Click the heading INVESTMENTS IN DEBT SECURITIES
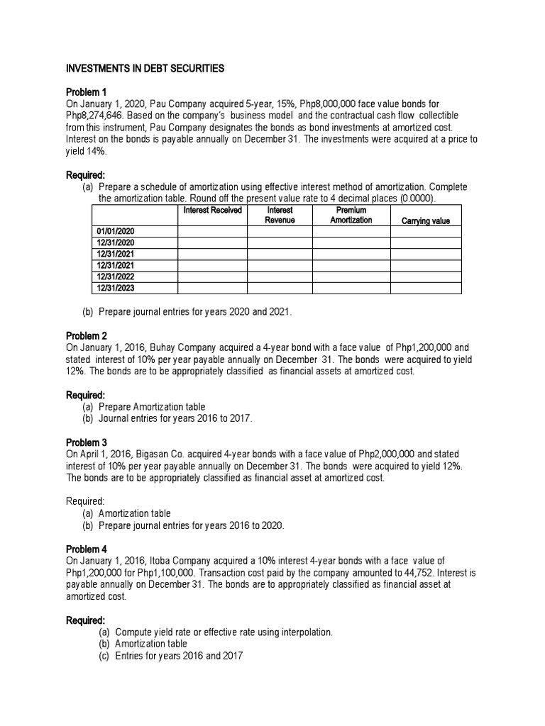[145, 69]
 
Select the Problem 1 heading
[86, 92]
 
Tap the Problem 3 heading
[86, 442]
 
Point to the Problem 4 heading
[86, 549]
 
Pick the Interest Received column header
[212, 211]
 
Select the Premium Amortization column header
[351, 216]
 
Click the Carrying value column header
[425, 220]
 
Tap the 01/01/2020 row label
[114, 231]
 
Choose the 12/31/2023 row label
[114, 288]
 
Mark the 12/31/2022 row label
[114, 277]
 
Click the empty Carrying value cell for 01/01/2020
[425, 231]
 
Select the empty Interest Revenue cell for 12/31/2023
[280, 288]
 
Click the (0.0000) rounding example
[417, 198]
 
